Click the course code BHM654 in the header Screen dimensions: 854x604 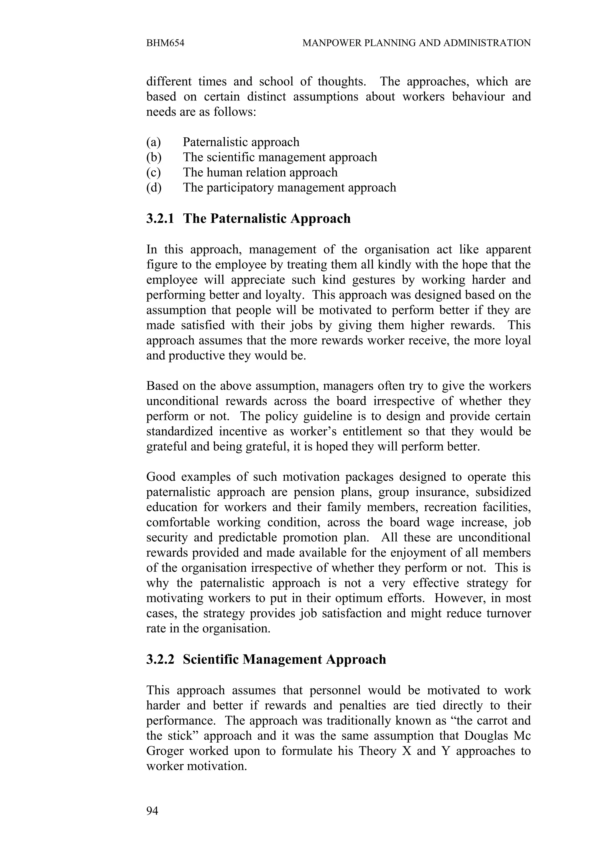point(165,43)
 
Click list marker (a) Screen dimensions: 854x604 point(153,142)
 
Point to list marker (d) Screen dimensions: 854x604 point(154,188)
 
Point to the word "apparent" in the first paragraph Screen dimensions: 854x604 point(508,250)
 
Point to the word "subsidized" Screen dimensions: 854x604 point(503,492)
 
